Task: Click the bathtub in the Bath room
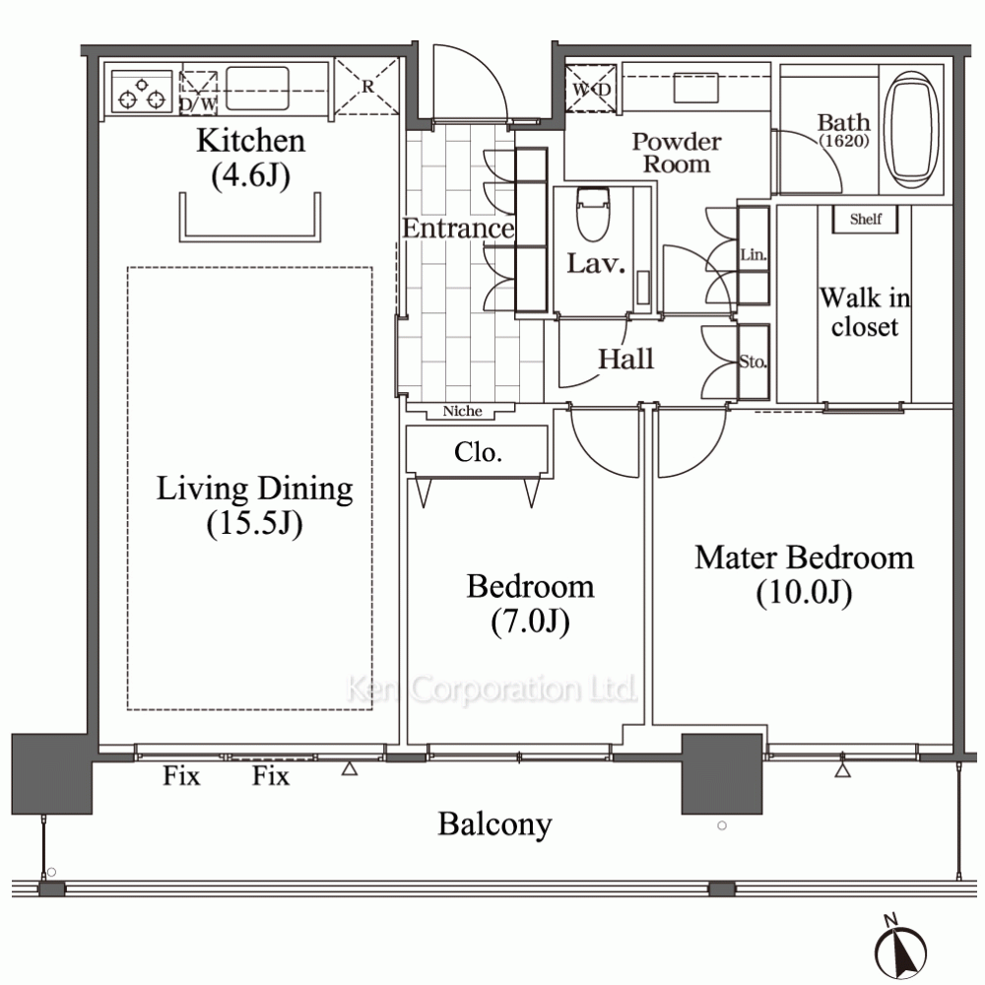coord(911,130)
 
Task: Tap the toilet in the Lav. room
coord(593,214)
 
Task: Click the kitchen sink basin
coord(257,88)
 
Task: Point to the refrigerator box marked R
coord(366,87)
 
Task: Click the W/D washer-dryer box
coord(590,89)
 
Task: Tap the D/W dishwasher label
coord(199,103)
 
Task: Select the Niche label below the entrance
coord(462,411)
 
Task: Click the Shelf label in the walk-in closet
coord(866,219)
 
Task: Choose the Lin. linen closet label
coord(754,254)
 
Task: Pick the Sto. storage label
coord(753,361)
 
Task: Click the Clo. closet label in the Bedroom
coord(478,452)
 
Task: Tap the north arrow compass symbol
coord(900,951)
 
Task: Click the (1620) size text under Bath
coord(844,141)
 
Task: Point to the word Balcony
coord(495,824)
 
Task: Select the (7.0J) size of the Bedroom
coord(531,622)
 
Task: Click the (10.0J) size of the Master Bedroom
coord(804,592)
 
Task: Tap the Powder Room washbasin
coord(696,88)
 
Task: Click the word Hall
coord(625,359)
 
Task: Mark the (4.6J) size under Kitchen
coord(250,175)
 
